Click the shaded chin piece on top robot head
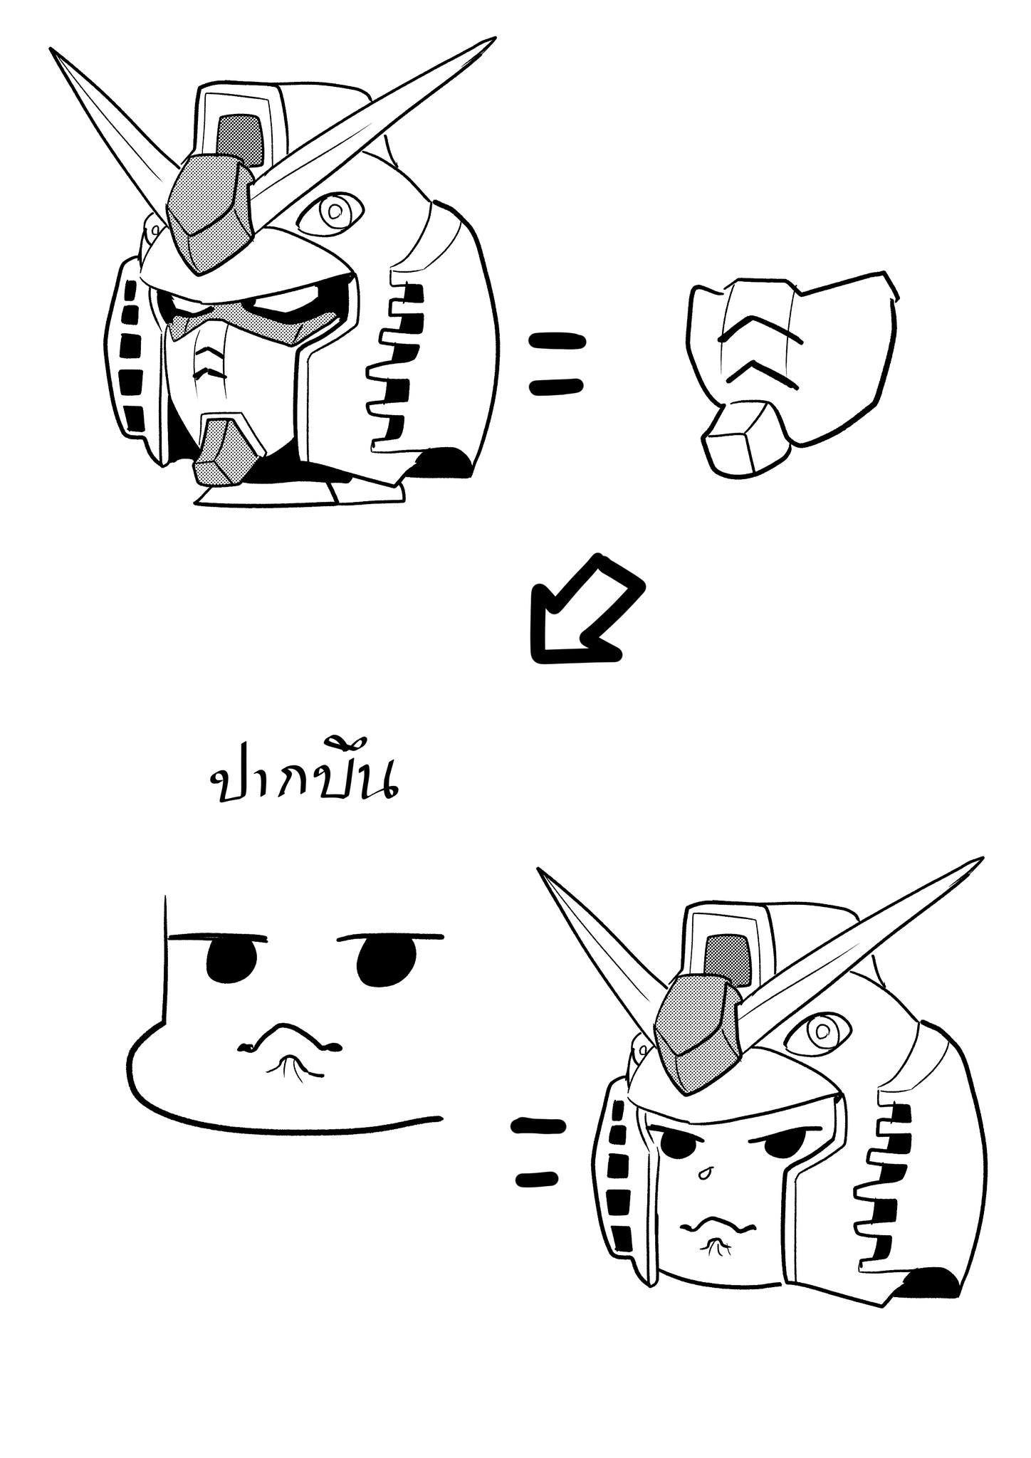222,451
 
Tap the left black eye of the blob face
231,960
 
